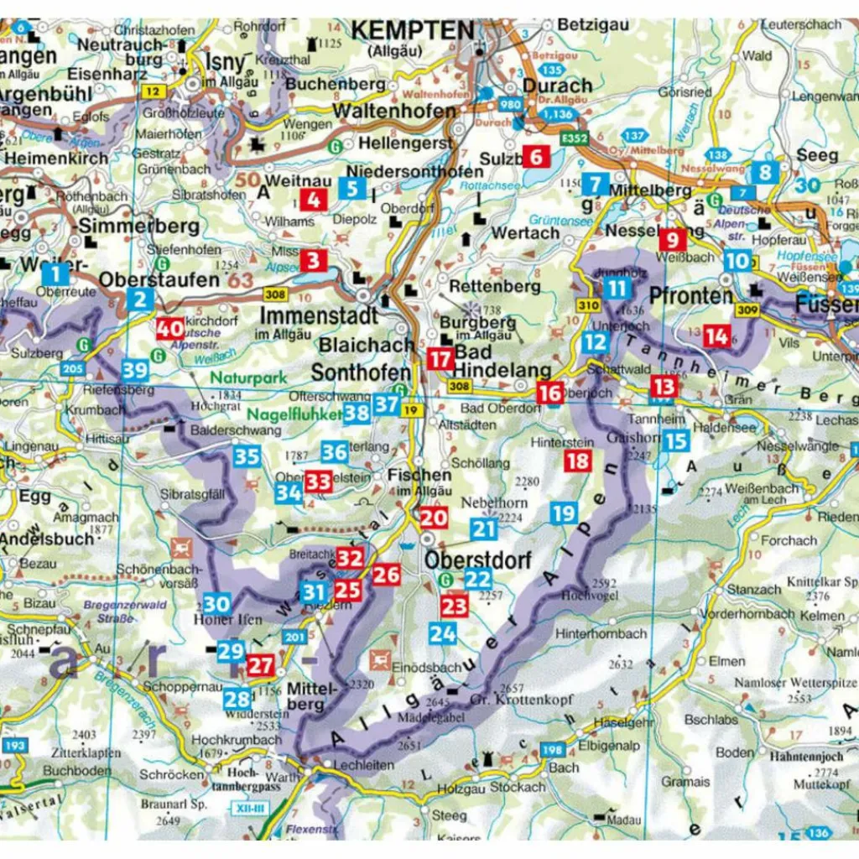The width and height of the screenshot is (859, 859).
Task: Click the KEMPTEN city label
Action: click(412, 31)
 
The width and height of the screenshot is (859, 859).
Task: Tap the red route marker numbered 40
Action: click(169, 330)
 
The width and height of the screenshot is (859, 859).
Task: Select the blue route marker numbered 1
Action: click(55, 273)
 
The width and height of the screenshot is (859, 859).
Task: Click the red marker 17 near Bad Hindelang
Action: click(440, 360)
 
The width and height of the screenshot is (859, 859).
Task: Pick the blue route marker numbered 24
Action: click(442, 633)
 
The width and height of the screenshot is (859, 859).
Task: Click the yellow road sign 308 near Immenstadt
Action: click(273, 294)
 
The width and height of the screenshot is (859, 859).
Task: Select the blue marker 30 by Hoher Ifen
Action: click(216, 603)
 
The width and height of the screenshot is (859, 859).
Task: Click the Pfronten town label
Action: click(690, 295)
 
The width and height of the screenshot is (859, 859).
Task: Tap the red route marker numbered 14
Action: click(716, 336)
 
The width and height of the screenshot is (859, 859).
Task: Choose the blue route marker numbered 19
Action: click(564, 513)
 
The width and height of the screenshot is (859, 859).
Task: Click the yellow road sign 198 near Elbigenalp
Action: click(552, 749)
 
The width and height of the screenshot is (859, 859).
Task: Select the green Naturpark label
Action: click(248, 378)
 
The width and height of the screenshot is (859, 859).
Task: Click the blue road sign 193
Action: click(13, 745)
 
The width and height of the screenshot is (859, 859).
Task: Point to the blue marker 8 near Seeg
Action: click(764, 173)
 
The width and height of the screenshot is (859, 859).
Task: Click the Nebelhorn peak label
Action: click(492, 502)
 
